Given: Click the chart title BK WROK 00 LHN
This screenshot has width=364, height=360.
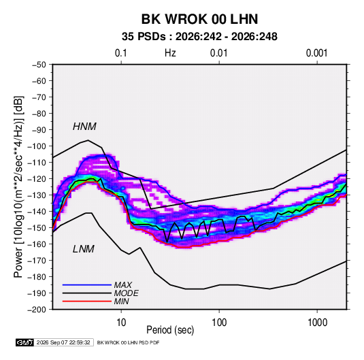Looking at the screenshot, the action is (199, 19).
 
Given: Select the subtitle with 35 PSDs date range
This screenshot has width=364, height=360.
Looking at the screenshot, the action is (199, 37).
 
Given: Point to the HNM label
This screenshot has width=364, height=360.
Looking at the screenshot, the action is (84, 127).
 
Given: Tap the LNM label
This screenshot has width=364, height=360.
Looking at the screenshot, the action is (84, 249).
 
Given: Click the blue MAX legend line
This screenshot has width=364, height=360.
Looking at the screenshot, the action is (87, 284).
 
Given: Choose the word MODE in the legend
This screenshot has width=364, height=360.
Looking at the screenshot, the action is (127, 293).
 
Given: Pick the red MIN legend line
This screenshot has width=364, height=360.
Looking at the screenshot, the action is (87, 301).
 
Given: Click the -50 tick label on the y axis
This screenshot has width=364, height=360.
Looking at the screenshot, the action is (39, 65).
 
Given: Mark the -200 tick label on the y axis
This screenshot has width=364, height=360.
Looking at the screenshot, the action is (37, 310).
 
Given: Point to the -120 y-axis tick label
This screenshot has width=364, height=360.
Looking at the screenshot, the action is (37, 179).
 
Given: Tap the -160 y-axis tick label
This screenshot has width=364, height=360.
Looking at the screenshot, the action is (37, 244).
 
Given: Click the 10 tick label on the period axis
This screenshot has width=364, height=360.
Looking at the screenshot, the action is (121, 323).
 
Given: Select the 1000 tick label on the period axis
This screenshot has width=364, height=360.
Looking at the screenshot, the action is (317, 323).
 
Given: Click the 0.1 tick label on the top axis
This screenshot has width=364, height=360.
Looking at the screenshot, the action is (121, 53).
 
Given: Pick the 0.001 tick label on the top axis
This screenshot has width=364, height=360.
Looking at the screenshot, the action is (317, 53).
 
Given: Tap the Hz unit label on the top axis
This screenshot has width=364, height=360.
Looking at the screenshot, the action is (170, 53).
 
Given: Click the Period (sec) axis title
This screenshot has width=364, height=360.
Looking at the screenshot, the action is (170, 330).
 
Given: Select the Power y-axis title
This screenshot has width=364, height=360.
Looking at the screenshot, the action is (18, 187).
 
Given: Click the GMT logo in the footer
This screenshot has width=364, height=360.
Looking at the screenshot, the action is (25, 342).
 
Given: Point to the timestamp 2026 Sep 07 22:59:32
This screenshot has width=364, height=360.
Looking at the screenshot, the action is (63, 342).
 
